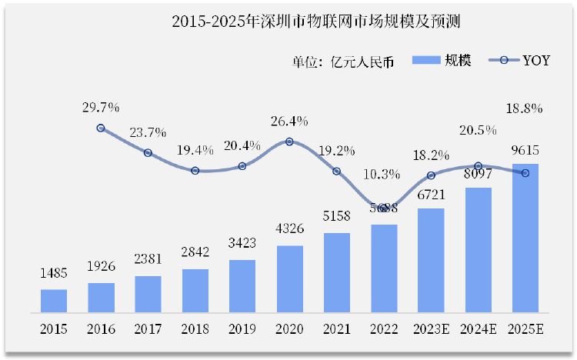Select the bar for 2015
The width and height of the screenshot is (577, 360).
pyautogui.click(x=54, y=301)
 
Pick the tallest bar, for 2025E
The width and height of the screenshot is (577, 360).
pyautogui.click(x=525, y=238)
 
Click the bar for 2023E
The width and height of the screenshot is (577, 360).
pyautogui.click(x=431, y=260)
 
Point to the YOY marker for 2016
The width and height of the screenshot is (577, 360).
pyautogui.click(x=101, y=128)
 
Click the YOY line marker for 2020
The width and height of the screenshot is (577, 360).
pyautogui.click(x=289, y=142)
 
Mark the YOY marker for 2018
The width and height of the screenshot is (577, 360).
pyautogui.click(x=195, y=171)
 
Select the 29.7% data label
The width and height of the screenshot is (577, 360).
pyautogui.click(x=101, y=107)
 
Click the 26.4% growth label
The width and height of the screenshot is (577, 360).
pyautogui.click(x=289, y=121)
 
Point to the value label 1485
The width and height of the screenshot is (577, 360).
pyautogui.click(x=54, y=274)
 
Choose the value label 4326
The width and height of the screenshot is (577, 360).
pyautogui.click(x=289, y=230)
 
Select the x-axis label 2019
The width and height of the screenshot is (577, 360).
pyautogui.click(x=242, y=330)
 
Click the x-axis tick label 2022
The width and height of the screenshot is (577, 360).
pyautogui.click(x=383, y=330)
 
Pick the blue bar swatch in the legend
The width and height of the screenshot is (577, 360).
pyautogui.click(x=425, y=60)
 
